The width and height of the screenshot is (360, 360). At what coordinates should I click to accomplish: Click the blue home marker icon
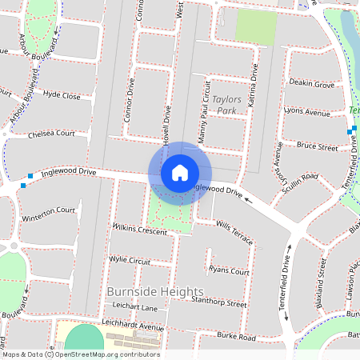point(180,173)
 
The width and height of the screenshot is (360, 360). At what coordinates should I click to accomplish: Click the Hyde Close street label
point(62,95)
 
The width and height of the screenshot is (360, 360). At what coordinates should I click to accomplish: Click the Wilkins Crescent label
point(140,230)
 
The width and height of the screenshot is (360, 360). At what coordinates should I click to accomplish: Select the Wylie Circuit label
point(130,260)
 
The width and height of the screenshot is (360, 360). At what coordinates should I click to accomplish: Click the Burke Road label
point(236,338)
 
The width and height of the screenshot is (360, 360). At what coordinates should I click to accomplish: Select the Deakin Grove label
point(312,83)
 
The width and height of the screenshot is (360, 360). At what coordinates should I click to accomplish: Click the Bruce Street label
point(318,147)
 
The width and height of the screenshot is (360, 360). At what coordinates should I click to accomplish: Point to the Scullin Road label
point(299,176)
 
